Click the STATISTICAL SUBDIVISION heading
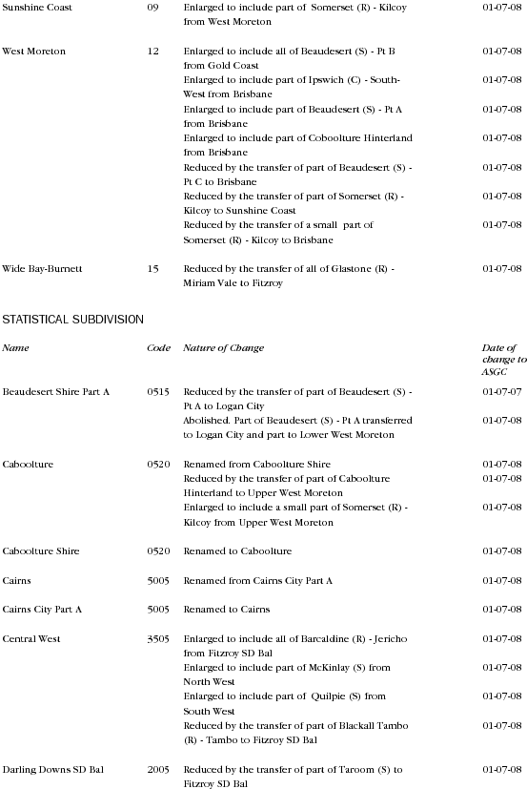point(72,319)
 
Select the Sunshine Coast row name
point(37,7)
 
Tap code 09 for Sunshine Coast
point(153,7)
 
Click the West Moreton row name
point(34,51)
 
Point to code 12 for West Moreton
point(153,51)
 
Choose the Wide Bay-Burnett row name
point(43,269)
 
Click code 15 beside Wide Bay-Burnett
point(153,269)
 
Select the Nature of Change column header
point(224,348)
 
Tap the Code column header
point(158,348)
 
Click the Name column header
point(16,348)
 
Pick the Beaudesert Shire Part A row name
point(56,392)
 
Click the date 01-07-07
point(502,392)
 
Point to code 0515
point(158,392)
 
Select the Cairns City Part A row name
point(43,609)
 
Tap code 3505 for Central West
point(158,638)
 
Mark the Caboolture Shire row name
point(41,551)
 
